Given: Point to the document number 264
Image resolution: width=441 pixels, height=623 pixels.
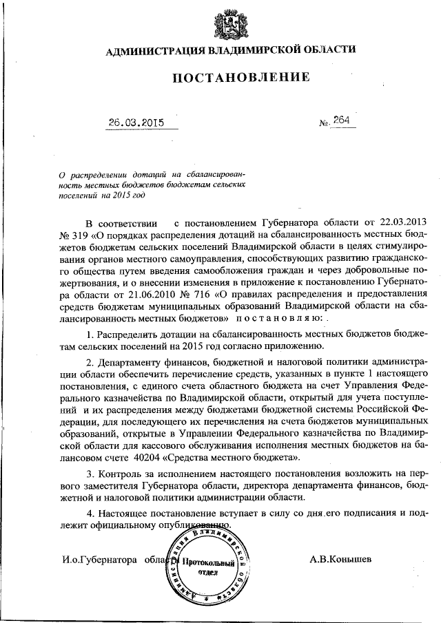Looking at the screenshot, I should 341,120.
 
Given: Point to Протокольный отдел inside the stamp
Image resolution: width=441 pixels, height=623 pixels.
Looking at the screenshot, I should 209,568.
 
